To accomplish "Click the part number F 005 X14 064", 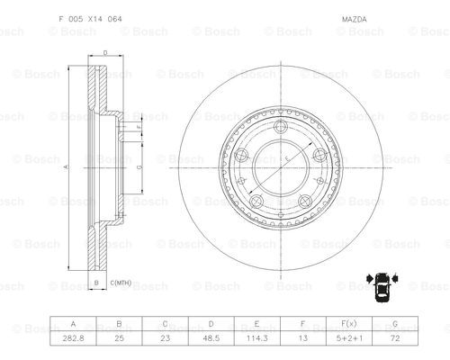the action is pyautogui.click(x=91, y=19).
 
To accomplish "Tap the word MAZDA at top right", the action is pyautogui.click(x=355, y=20).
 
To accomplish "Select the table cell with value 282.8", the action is pyautogui.click(x=73, y=338).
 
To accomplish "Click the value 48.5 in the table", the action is pyautogui.click(x=211, y=338).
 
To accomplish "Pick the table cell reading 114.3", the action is pyautogui.click(x=256, y=338).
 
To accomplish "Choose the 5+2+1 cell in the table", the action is pyautogui.click(x=349, y=338).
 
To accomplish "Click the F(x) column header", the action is pyautogui.click(x=349, y=324).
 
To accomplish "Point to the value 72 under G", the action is pyautogui.click(x=395, y=338).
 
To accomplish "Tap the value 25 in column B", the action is pyautogui.click(x=119, y=338).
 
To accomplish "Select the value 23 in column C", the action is pyautogui.click(x=165, y=338).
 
